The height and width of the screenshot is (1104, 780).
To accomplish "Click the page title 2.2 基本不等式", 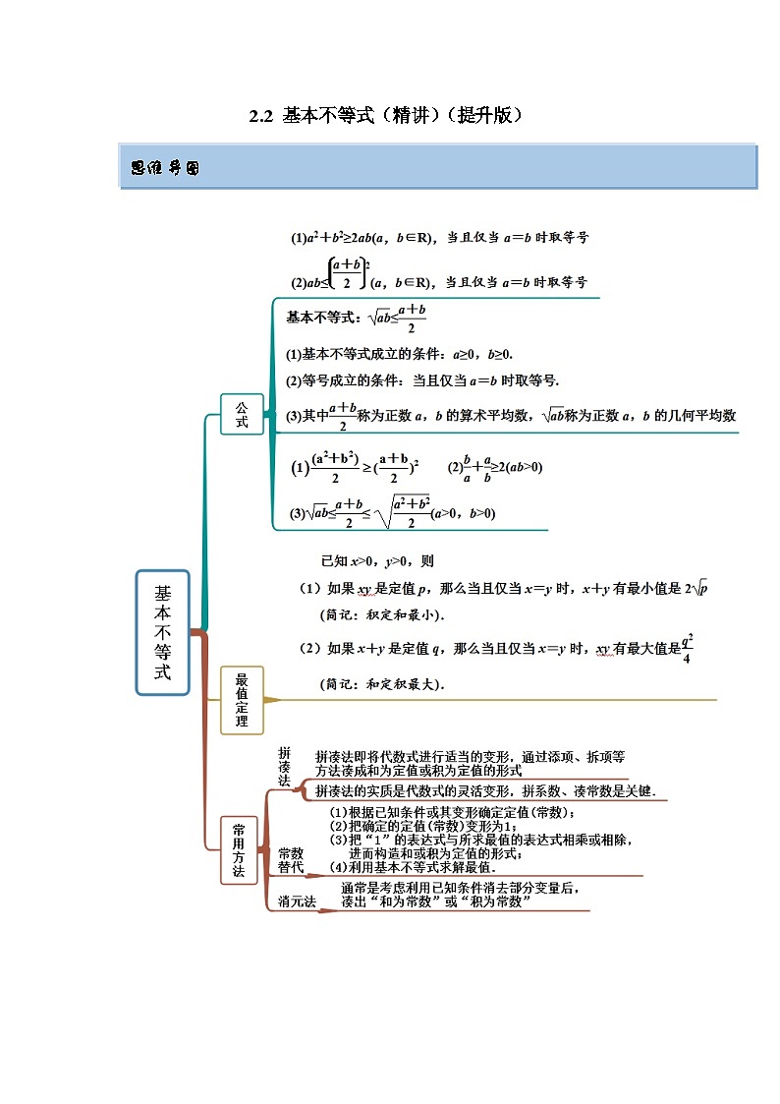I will coord(385,116).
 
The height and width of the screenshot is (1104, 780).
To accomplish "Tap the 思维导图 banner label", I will coord(165,168).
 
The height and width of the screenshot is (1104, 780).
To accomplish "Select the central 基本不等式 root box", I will coord(162,633).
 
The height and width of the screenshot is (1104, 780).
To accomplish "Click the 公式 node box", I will coord(242,414).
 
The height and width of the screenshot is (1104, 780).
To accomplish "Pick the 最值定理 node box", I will coord(242,700).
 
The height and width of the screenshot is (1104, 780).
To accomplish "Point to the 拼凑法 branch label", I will coord(284,766).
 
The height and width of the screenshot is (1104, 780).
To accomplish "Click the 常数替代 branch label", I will coord(290,860).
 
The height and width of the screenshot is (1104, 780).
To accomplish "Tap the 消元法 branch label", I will coord(297,901).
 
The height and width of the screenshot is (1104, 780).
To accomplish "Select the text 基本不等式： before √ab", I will coord(323,318).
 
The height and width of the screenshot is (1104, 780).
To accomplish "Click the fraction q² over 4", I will coord(687,648).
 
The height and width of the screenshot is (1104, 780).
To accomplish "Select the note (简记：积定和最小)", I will coord(382,615).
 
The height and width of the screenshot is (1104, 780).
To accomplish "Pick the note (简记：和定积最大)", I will coord(382,684).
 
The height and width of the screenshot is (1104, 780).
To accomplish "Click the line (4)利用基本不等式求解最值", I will coord(412,867).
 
